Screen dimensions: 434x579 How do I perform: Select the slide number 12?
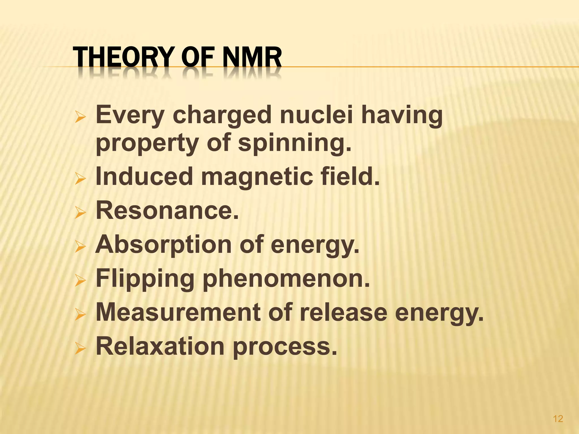558,418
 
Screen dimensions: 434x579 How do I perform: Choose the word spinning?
294,143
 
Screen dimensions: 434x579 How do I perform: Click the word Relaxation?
160,346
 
